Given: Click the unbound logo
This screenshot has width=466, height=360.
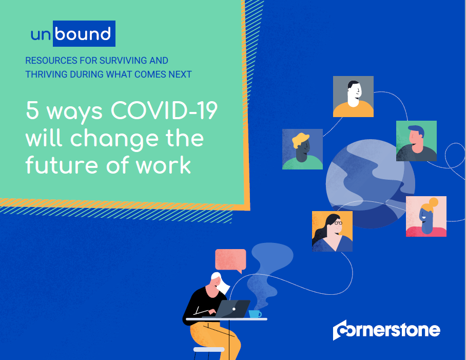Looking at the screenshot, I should coord(71,34).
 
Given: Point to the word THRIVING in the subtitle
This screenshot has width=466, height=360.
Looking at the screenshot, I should coord(47,74).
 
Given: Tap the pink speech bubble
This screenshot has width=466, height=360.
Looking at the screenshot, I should coord(230,260).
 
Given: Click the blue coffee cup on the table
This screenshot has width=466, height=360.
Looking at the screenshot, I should coord(254,314).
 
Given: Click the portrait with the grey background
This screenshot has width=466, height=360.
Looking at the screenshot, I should coord(353,97).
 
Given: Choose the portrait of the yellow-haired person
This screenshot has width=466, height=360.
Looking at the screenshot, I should coord(302,149).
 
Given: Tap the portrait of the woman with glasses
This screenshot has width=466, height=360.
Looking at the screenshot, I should coord(332,231).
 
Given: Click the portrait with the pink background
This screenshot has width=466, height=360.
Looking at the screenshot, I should coord(426,216).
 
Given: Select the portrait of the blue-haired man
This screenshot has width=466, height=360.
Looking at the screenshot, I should coord(416,141).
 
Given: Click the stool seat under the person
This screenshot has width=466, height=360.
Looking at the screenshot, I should coord(208,350).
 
